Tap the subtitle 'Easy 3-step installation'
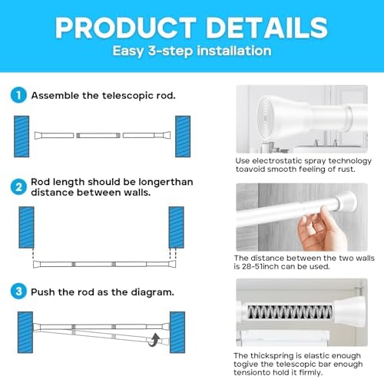pyautogui.click(x=192, y=51)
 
